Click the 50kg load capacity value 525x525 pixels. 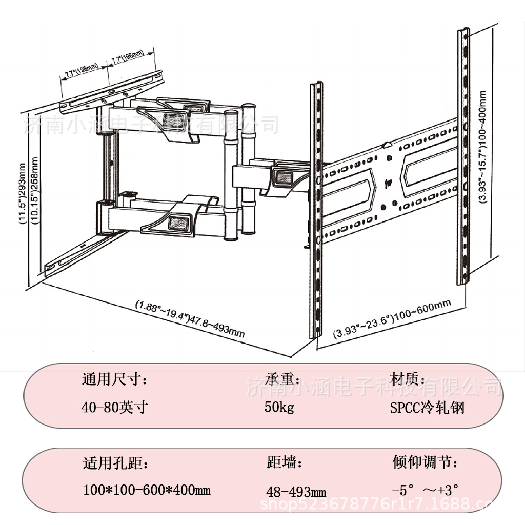coord(279,408)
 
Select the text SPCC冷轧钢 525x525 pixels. coord(427,408)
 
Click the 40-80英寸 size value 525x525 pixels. coord(115,408)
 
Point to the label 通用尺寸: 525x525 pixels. coord(115,380)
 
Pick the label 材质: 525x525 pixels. coord(408,380)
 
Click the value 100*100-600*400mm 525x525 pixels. coord(147,491)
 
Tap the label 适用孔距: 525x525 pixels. coord(116,464)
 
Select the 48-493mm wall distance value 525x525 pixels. coord(296,492)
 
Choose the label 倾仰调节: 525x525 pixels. coord(425,463)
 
